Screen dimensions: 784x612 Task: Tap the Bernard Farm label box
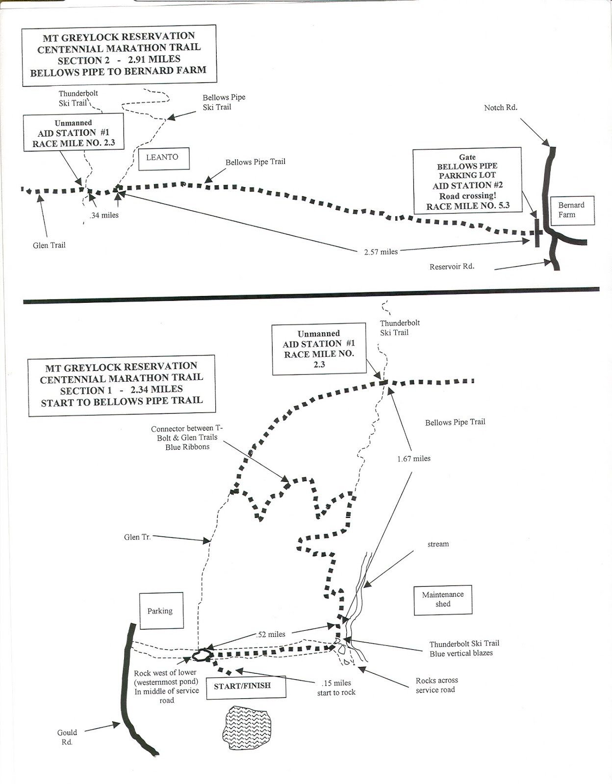click(572, 210)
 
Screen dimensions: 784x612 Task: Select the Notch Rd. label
click(500, 108)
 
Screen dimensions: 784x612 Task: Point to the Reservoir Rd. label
click(452, 267)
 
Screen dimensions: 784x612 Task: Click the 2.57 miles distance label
click(381, 252)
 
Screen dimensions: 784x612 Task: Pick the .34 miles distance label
click(103, 215)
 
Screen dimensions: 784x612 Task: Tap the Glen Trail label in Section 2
click(49, 245)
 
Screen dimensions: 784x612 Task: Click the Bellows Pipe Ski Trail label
click(224, 102)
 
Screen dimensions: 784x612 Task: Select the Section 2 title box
click(119, 54)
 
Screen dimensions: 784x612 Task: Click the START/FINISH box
click(242, 686)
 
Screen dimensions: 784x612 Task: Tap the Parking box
click(160, 611)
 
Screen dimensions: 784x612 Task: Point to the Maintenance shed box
click(443, 599)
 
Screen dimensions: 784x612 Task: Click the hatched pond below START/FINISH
click(245, 727)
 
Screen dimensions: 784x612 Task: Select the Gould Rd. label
click(67, 737)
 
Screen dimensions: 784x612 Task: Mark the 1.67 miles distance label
click(414, 459)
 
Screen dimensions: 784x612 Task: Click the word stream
click(438, 544)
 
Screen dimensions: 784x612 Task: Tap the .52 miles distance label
click(270, 635)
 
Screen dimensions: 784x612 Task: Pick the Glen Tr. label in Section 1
click(137, 538)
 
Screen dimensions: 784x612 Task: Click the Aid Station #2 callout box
click(467, 181)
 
